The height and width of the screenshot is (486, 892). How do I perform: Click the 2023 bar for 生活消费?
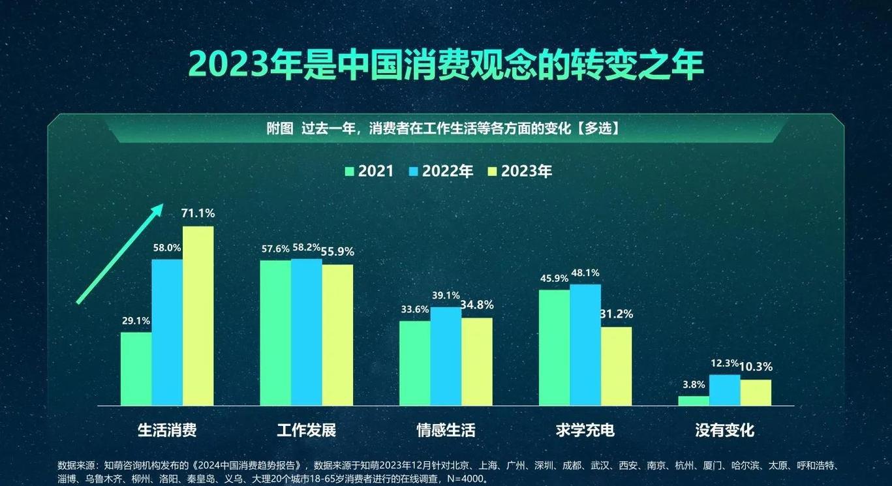pyautogui.click(x=198, y=316)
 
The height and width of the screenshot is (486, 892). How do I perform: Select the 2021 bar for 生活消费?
pyautogui.click(x=136, y=369)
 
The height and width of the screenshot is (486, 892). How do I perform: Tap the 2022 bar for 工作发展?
pyautogui.click(x=306, y=332)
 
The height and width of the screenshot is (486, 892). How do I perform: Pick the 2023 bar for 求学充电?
pyautogui.click(x=616, y=366)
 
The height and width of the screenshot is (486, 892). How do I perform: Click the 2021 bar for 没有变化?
pyautogui.click(x=693, y=401)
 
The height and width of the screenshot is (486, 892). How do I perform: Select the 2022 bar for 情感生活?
pyautogui.click(x=446, y=356)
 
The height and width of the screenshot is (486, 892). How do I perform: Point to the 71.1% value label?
pyautogui.click(x=198, y=213)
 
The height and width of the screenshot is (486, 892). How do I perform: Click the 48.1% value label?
pyautogui.click(x=585, y=273)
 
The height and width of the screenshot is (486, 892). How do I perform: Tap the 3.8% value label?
pyautogui.click(x=693, y=384)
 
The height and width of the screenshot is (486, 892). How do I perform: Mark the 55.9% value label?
pyautogui.click(x=337, y=251)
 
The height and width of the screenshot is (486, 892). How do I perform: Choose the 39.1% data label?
pyautogui.click(x=446, y=295)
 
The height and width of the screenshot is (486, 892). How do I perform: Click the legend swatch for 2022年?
pyautogui.click(x=413, y=172)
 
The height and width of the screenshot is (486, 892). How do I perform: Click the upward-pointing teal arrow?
pyautogui.click(x=119, y=254)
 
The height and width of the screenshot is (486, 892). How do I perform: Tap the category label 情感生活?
pyautogui.click(x=446, y=431)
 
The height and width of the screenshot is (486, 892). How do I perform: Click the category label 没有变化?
pyautogui.click(x=724, y=431)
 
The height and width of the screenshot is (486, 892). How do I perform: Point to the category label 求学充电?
pyautogui.click(x=585, y=431)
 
